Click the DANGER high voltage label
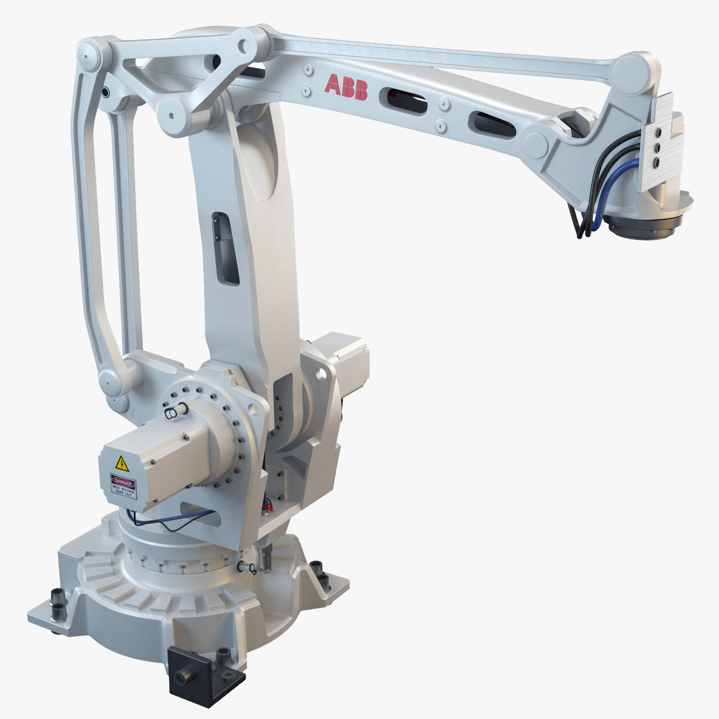(123, 485)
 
